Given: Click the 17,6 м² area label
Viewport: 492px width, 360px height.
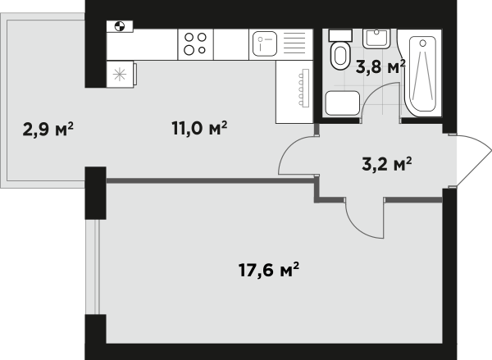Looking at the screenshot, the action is pyautogui.click(x=269, y=270).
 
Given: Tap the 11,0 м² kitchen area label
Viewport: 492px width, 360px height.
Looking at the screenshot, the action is pyautogui.click(x=199, y=128).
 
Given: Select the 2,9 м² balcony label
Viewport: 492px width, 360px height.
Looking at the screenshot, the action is pyautogui.click(x=48, y=129).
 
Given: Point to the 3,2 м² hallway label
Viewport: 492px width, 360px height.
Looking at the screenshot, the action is pyautogui.click(x=386, y=164).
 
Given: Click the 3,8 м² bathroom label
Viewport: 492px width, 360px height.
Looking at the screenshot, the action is pyautogui.click(x=380, y=67).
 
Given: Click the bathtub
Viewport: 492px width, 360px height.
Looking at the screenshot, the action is pyautogui.click(x=421, y=73).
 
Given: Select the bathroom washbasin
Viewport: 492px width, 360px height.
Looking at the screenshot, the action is pyautogui.click(x=376, y=39).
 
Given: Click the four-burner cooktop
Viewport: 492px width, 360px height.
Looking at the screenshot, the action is pyautogui.click(x=195, y=44).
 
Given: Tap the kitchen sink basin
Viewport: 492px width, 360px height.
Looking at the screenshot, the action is pyautogui.click(x=265, y=44).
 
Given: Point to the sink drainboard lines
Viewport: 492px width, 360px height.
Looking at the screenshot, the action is pyautogui.click(x=294, y=43).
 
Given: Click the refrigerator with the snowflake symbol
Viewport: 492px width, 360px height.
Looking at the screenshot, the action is pyautogui.click(x=121, y=74).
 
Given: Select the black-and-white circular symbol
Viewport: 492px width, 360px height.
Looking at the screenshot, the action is pyautogui.click(x=120, y=26).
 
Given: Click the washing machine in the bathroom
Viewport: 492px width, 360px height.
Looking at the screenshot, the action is pyautogui.click(x=342, y=103).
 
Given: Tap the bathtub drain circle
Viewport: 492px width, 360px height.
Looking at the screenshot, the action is pyautogui.click(x=422, y=43).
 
